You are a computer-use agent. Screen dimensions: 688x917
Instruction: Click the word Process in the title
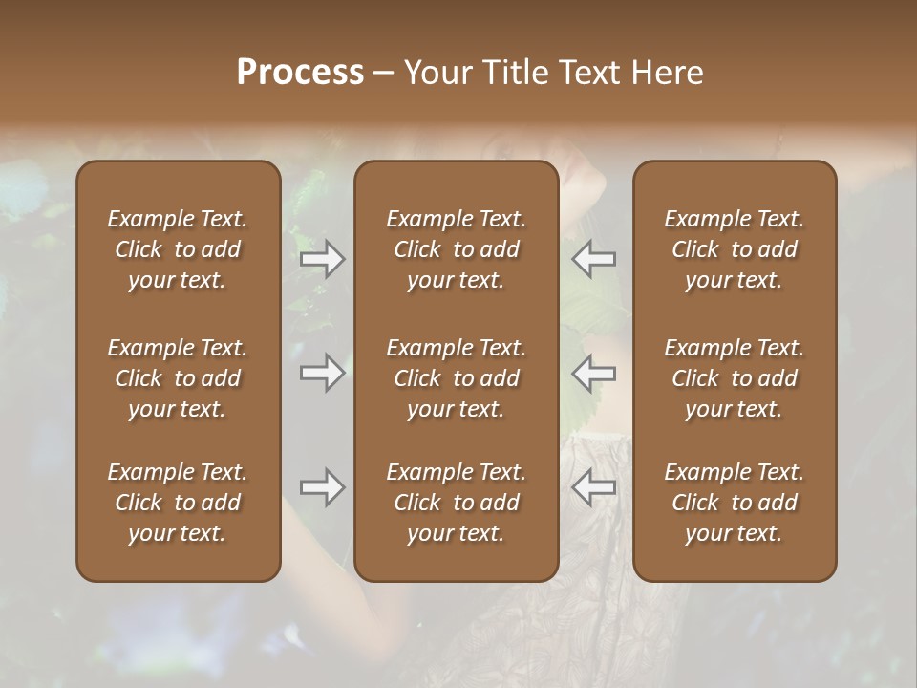pos(300,73)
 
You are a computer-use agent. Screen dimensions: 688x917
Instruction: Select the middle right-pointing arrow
pos(323,373)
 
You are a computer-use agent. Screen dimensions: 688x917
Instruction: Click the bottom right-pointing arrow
pos(323,488)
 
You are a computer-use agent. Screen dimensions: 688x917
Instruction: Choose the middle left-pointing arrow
pos(594,373)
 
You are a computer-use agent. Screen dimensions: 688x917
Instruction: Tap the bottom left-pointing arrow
pos(594,488)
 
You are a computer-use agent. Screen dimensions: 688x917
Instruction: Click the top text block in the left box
pos(178,249)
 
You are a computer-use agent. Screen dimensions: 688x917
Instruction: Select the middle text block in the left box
pos(178,378)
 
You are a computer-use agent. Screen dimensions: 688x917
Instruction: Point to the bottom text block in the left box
pos(178,503)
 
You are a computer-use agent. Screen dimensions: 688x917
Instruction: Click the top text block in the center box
pos(457,249)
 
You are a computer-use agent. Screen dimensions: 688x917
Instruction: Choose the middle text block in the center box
pos(457,378)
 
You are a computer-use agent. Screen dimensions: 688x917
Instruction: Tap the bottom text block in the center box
pos(457,503)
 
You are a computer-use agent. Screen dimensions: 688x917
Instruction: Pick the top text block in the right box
pos(735,249)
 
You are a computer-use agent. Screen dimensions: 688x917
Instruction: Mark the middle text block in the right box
pos(735,378)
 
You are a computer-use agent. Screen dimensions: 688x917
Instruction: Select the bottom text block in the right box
pos(735,503)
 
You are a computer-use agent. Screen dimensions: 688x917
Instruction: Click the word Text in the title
pos(588,73)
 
